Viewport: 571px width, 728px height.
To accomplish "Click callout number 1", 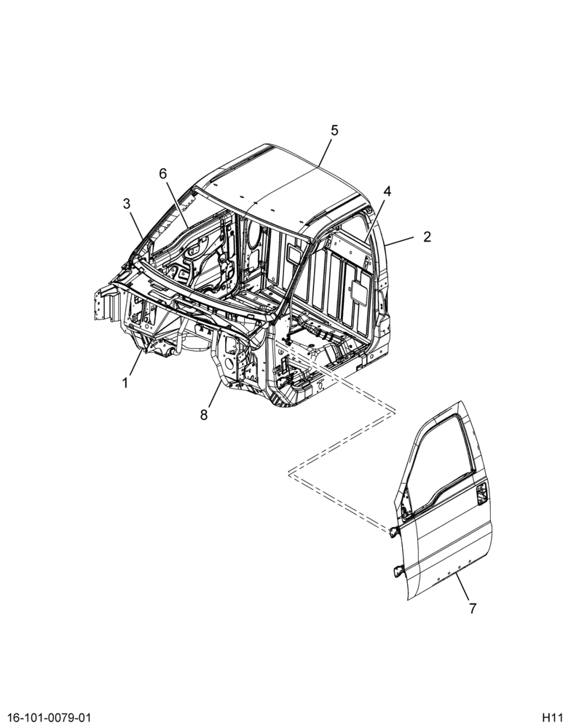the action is click(125, 383).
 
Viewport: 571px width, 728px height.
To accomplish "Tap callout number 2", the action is click(427, 237).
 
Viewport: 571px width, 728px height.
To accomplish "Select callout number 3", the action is click(127, 203).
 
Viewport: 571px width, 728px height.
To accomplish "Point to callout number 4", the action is click(387, 191).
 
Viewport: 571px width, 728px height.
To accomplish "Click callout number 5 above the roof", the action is click(334, 130).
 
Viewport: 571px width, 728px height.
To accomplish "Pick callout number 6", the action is click(162, 174).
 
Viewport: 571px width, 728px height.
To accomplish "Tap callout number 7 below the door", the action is click(473, 608).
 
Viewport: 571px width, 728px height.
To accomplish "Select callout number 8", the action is click(204, 415).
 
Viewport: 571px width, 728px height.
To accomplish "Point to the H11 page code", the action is click(552, 717).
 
